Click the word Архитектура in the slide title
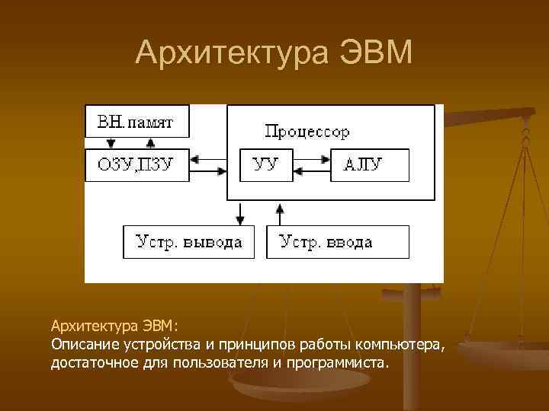coord(228,53)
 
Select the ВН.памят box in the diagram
coord(136,120)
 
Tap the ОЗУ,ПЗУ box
coord(136,164)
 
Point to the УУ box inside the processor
coord(266,164)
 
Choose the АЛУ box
coord(369,164)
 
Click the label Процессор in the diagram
coord(307,132)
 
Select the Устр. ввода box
coord(337,242)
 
